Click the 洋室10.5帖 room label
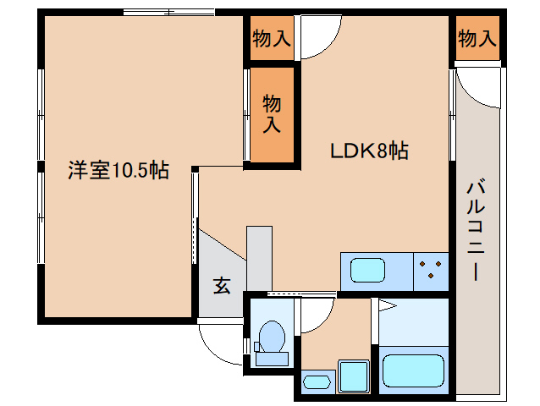118,171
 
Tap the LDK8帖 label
369,152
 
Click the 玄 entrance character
221,286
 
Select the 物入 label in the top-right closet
477,38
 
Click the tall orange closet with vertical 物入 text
271,114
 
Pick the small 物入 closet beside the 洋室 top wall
271,39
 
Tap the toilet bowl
272,337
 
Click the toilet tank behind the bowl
272,359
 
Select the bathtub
413,369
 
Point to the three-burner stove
432,271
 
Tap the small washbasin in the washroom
317,381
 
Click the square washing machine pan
353,375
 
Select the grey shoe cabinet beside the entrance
259,257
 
